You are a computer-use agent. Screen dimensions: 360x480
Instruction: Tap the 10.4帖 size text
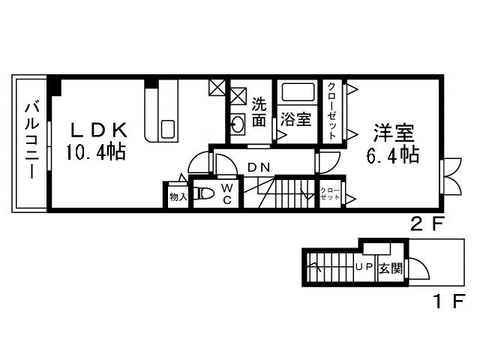click(95, 152)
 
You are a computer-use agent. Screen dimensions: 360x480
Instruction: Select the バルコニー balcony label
click(32, 142)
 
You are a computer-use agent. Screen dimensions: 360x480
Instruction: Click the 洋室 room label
click(393, 133)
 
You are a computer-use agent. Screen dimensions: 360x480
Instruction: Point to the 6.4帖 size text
click(393, 156)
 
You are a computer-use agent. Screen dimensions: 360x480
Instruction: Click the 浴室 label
click(295, 119)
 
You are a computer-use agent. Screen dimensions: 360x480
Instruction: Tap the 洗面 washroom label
click(259, 112)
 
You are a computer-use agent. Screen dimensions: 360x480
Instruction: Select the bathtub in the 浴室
click(297, 94)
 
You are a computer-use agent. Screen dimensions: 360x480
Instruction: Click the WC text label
click(226, 194)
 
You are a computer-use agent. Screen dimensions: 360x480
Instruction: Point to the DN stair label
click(259, 166)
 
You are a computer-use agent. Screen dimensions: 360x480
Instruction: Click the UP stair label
click(364, 267)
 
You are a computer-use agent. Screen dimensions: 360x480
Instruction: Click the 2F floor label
click(427, 223)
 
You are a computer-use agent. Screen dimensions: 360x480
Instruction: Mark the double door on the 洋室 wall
click(452, 177)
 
